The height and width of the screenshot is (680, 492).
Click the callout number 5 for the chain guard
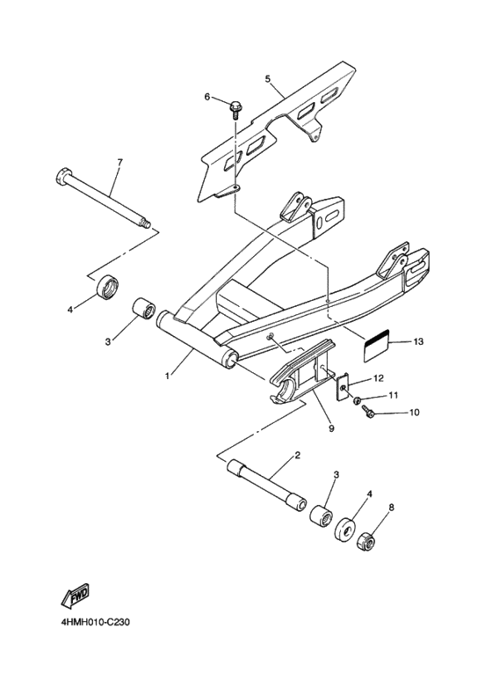tap(268, 79)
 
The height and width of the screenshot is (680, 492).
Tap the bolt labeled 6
tap(235, 110)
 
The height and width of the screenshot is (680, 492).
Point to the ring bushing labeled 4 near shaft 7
tap(107, 286)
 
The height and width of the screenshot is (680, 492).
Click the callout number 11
tap(394, 395)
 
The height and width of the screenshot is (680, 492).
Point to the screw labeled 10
tap(368, 412)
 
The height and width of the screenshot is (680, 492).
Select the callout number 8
tap(392, 507)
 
